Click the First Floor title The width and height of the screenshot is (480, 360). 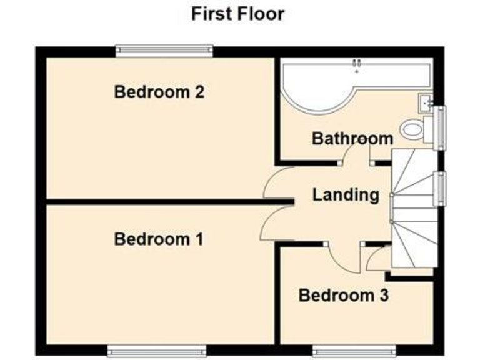(237, 14)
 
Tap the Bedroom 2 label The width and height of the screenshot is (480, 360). (159, 92)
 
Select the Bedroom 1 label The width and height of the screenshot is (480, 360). (159, 239)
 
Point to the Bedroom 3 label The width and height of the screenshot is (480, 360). (344, 295)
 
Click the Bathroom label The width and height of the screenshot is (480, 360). (352, 138)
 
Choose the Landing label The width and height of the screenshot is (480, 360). (346, 195)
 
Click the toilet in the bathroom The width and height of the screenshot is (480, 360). (413, 130)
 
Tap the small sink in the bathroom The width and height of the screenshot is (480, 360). (427, 102)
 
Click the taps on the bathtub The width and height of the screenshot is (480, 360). (357, 62)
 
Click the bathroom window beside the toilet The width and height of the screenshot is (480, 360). (442, 128)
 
